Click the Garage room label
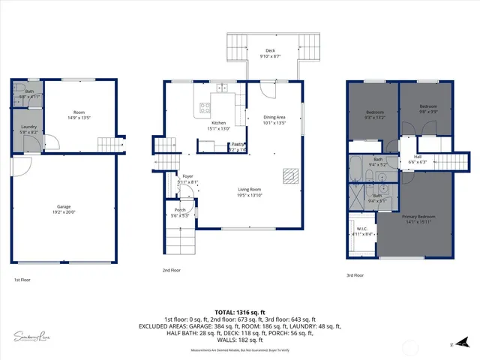click(64, 206)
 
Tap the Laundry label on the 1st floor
click(29, 127)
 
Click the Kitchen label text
click(218, 123)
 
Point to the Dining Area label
click(274, 117)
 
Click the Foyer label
click(187, 176)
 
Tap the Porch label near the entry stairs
click(180, 210)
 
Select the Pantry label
click(237, 144)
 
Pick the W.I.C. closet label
click(361, 229)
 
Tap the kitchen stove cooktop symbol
click(202, 110)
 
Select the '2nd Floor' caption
click(172, 269)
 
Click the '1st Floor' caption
click(22, 280)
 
